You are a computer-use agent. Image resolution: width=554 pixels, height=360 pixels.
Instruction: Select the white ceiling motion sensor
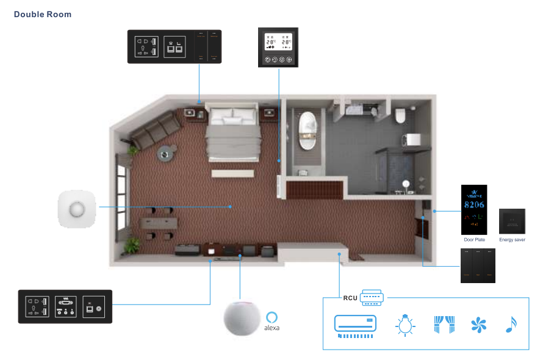coord(77,208)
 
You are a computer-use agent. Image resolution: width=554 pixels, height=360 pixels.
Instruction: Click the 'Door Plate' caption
coord(473,240)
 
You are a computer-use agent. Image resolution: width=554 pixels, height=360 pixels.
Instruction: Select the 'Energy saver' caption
coord(512,240)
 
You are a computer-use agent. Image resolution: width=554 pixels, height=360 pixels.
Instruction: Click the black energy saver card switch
coord(512,221)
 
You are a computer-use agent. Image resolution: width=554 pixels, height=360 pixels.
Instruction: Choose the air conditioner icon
coord(355,324)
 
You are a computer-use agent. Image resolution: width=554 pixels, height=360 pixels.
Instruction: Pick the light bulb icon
coord(405,324)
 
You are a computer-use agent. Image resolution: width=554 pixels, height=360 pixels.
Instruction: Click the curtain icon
coord(444,324)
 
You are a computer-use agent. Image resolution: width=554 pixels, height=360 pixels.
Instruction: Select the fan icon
coord(478,325)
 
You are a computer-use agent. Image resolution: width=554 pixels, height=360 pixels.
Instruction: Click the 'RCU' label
coord(350,298)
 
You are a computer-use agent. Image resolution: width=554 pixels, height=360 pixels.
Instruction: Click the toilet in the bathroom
coord(401,114)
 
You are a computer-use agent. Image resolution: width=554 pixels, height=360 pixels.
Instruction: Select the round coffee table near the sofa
coord(165,154)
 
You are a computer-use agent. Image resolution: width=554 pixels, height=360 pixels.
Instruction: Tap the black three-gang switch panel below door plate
coord(478,265)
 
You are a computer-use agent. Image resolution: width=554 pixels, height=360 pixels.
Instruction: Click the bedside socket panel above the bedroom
coord(174,46)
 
